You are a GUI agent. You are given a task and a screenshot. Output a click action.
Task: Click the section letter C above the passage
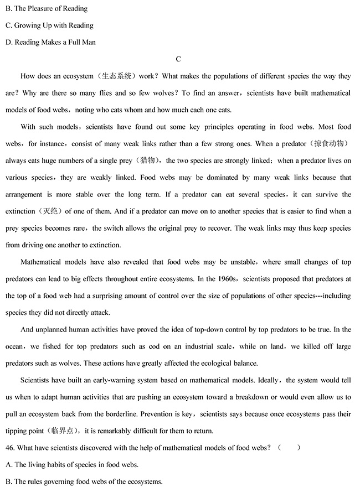(x=178, y=59)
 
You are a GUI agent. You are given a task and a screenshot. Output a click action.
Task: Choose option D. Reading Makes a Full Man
(x=50, y=42)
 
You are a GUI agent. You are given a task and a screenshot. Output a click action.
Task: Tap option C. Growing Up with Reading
(x=49, y=25)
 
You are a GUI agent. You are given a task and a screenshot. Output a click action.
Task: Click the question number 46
(x=10, y=448)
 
